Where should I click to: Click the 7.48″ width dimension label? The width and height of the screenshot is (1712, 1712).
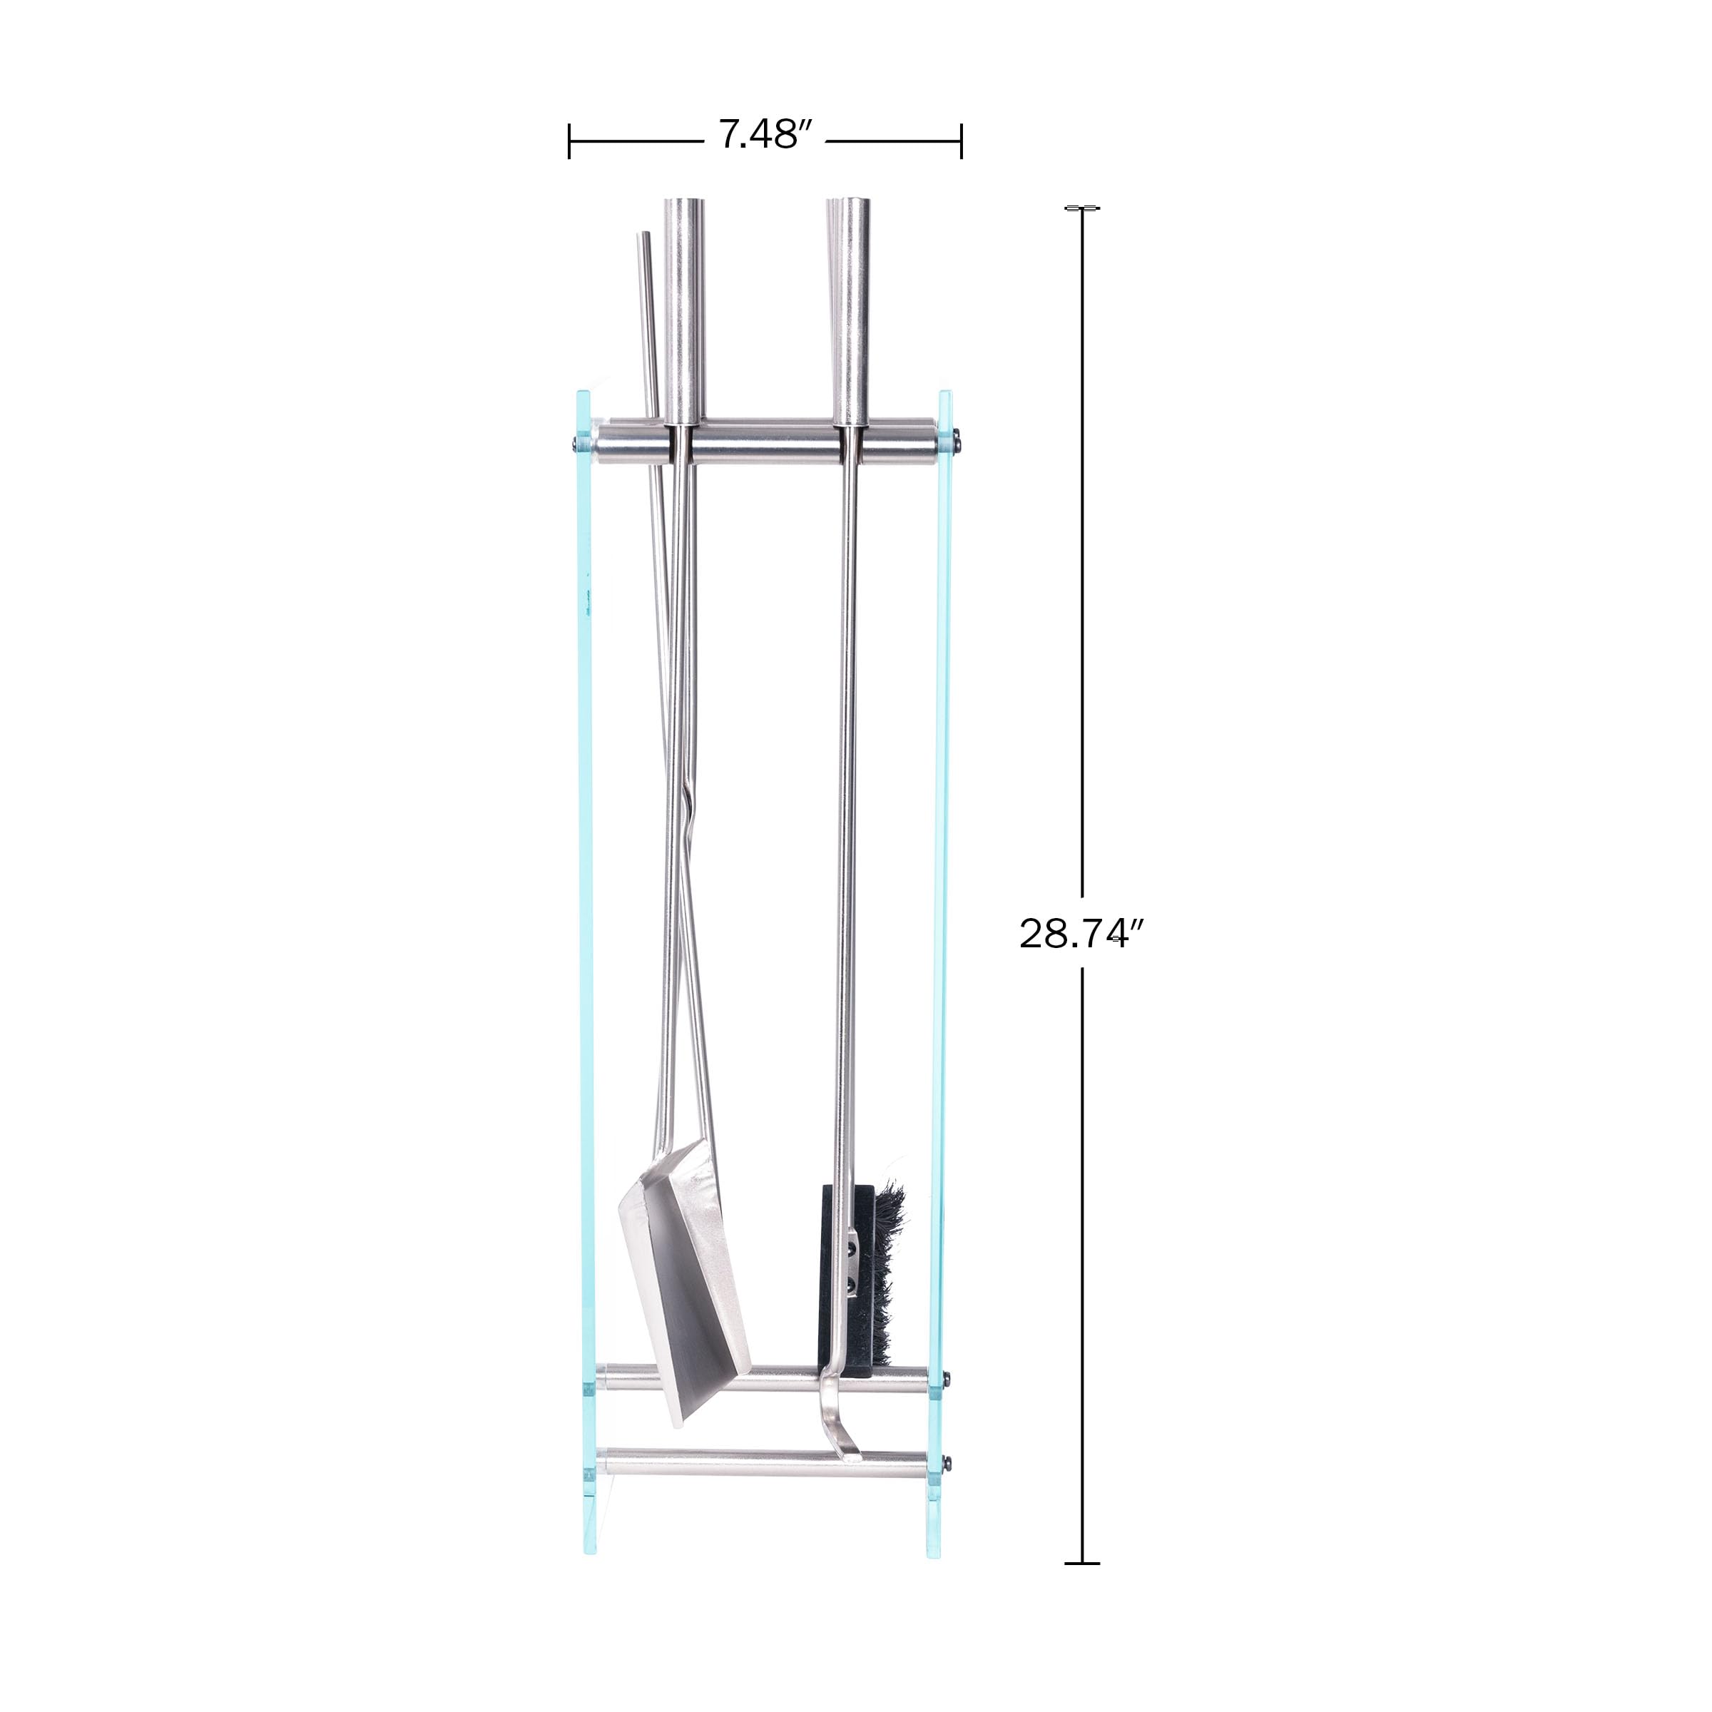(x=765, y=135)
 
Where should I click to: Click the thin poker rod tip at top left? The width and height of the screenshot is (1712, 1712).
(x=644, y=235)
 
